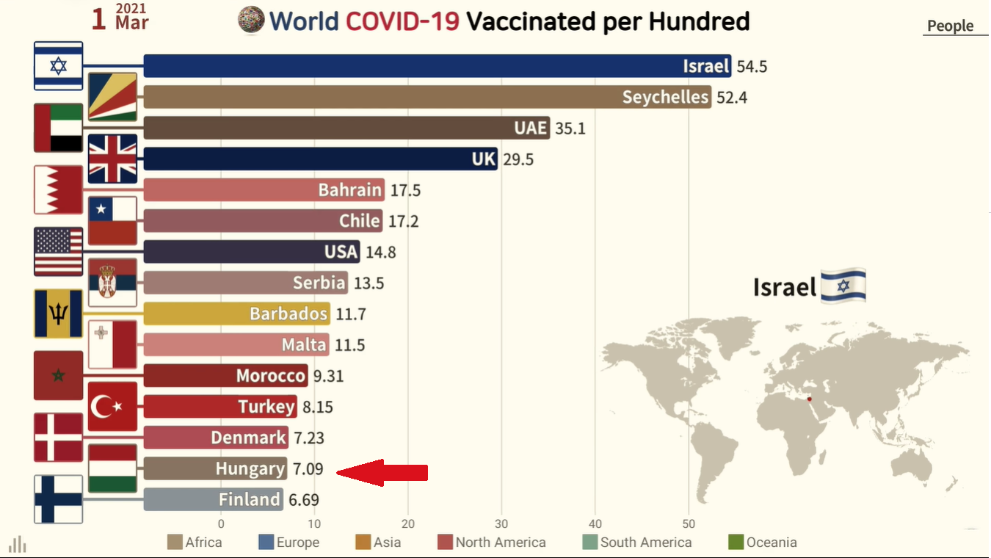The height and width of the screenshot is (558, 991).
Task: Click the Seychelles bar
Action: click(x=426, y=97)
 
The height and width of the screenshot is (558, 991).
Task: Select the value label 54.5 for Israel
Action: click(x=752, y=66)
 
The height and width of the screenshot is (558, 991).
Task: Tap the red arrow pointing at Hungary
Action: click(x=382, y=472)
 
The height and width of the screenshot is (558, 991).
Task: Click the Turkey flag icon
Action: click(x=112, y=406)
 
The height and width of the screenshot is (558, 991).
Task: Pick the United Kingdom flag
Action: click(x=112, y=159)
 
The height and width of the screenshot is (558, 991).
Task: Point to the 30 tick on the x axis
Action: click(x=501, y=524)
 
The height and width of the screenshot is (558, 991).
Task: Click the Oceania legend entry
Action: click(x=763, y=543)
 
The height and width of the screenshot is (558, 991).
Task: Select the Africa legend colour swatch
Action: click(x=175, y=543)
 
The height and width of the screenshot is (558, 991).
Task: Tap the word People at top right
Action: click(x=950, y=26)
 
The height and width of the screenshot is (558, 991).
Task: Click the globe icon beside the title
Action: click(x=251, y=20)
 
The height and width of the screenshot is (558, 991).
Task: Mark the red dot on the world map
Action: click(x=809, y=399)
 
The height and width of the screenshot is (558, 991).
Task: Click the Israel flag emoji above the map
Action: click(x=843, y=286)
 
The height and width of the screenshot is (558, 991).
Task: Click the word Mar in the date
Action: click(x=131, y=23)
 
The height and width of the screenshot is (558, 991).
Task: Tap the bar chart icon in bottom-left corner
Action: click(x=18, y=544)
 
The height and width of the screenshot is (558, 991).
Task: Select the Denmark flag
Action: click(x=59, y=437)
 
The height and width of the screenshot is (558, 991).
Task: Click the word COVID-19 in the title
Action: click(x=402, y=21)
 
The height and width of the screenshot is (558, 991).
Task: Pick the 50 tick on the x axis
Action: click(x=688, y=524)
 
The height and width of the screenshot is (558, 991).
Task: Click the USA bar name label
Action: click(x=341, y=252)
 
